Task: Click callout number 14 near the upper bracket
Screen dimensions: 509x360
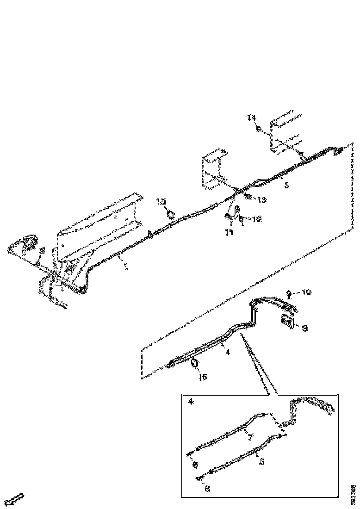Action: coord(251,118)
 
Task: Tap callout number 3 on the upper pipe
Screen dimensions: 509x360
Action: coord(287,186)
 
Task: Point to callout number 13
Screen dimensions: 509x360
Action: coord(262,200)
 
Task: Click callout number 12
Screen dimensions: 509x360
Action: coord(257,219)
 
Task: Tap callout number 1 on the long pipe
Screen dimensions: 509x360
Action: coord(124,267)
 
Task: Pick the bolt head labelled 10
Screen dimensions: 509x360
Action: coord(289,293)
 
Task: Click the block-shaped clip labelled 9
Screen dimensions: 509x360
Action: coord(287,320)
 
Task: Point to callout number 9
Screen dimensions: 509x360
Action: coord(305,329)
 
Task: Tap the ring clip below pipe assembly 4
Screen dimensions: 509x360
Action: coord(195,363)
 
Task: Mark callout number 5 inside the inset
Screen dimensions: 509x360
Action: coord(262,461)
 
